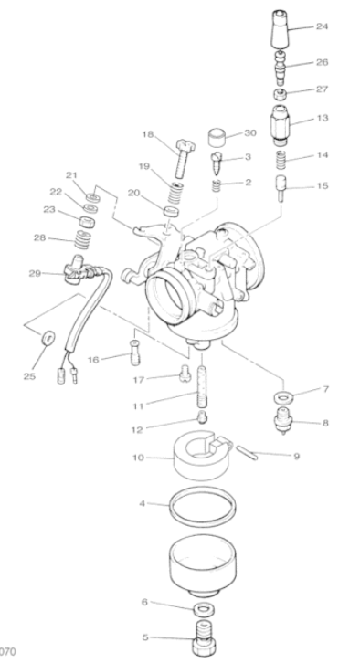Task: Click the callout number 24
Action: [x=322, y=26]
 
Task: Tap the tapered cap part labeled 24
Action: [x=280, y=29]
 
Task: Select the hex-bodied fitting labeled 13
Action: [x=280, y=124]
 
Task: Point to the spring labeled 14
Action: [x=280, y=160]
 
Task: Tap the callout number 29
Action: [x=35, y=274]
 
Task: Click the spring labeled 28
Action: [x=82, y=240]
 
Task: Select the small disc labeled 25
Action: [x=48, y=337]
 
